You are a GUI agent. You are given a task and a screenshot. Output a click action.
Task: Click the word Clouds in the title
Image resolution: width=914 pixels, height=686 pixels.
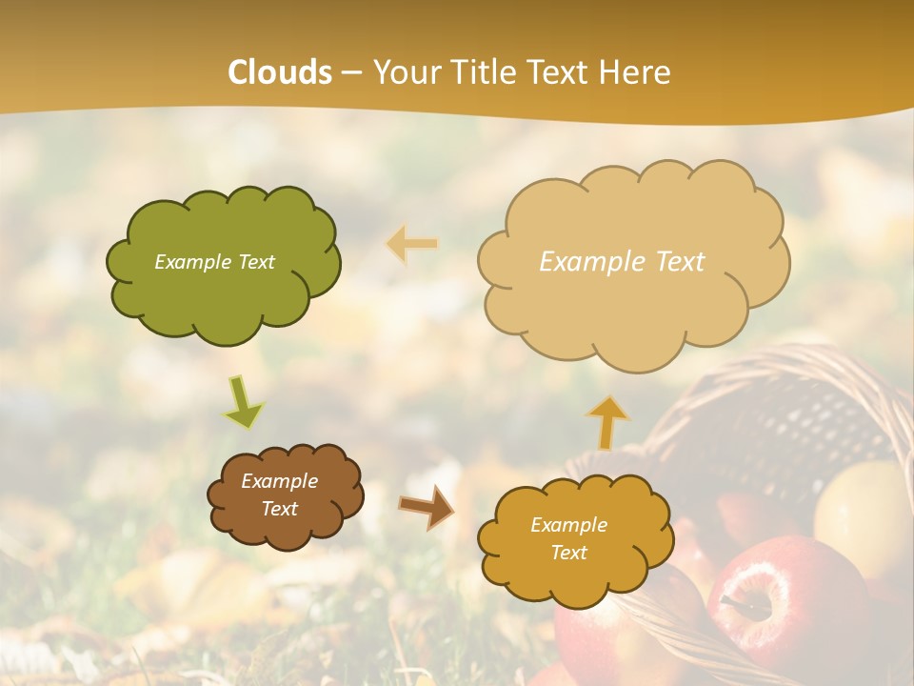click(280, 72)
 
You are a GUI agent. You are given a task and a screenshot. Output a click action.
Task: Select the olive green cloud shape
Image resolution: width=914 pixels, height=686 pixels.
click(223, 286)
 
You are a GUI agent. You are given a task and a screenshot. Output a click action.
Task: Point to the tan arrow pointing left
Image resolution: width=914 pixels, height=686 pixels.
click(412, 244)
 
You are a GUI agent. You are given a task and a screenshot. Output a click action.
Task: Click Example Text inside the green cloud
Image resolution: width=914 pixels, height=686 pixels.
click(214, 262)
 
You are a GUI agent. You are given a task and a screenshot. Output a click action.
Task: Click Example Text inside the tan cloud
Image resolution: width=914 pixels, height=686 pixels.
click(622, 262)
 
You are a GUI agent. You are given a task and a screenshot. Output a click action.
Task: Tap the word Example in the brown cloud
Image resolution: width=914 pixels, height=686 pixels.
click(279, 481)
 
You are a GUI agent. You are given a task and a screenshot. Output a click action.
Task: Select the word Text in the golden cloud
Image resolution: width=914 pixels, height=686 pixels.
click(568, 553)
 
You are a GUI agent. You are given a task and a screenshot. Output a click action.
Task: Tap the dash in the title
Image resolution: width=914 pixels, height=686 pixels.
click(351, 72)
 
